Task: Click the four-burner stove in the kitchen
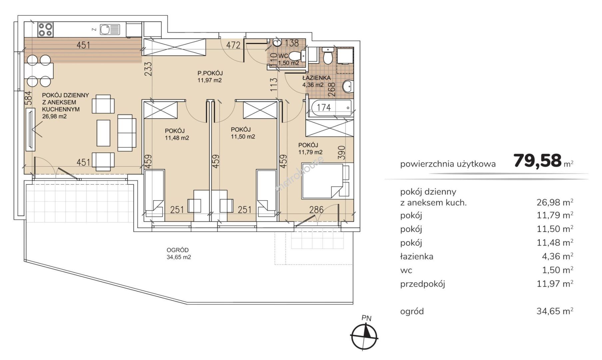[x=45, y=29]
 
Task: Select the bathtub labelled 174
[x=330, y=108]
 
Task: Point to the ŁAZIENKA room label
[x=316, y=78]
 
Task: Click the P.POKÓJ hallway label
[x=210, y=73]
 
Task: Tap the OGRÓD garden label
[x=178, y=250]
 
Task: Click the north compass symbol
[x=364, y=336]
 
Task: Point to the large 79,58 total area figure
[x=538, y=161]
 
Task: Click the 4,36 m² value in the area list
[x=557, y=256]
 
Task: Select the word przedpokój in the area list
[x=423, y=284]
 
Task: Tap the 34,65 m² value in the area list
[x=555, y=311]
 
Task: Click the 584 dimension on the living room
[x=28, y=99]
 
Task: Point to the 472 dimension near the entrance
[x=233, y=45]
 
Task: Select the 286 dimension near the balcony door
[x=316, y=210]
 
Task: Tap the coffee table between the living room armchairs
[x=103, y=133]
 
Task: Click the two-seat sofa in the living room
[x=127, y=133]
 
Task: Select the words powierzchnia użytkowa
[x=448, y=164]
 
